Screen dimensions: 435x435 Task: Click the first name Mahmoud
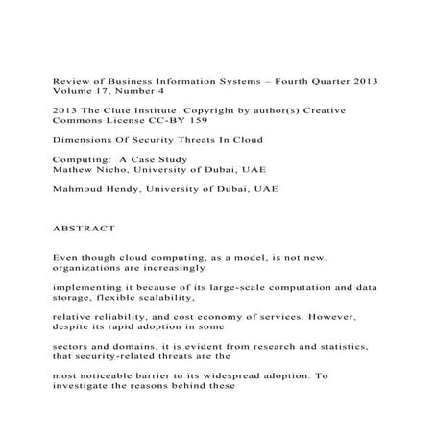click(x=80, y=189)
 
